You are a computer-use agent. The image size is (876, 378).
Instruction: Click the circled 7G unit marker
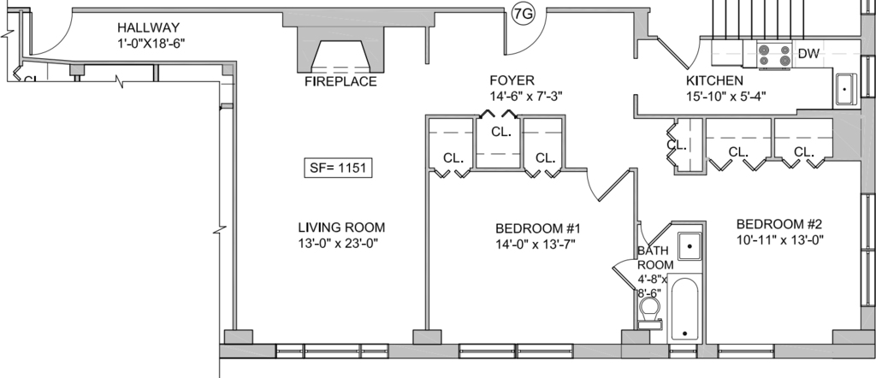(524, 15)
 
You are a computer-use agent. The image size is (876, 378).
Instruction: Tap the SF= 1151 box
(338, 168)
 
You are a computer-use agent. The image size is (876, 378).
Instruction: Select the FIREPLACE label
(340, 82)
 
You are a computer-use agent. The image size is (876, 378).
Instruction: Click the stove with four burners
(774, 56)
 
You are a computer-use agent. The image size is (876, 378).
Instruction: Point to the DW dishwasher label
(808, 54)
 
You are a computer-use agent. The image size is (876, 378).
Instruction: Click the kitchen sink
(845, 89)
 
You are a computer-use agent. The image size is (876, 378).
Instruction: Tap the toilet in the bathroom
(650, 314)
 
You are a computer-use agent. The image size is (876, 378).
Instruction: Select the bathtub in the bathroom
(685, 308)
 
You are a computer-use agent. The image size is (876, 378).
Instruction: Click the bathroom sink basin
(690, 246)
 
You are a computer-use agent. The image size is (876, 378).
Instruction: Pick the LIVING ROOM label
(341, 227)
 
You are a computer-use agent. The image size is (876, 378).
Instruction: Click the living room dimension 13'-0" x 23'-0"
(341, 244)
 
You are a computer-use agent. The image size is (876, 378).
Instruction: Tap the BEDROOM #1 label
(538, 229)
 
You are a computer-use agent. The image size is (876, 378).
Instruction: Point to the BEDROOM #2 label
(779, 224)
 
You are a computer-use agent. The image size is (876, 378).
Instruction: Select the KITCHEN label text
(714, 81)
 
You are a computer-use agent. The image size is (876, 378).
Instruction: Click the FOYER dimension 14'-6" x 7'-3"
(526, 96)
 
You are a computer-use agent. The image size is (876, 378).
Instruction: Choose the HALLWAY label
(149, 27)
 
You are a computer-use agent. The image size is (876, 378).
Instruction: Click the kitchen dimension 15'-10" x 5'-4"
(725, 96)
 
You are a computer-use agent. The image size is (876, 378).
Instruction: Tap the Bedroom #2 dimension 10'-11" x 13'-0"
(780, 240)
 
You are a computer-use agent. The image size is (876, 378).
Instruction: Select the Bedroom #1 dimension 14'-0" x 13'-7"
(536, 244)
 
